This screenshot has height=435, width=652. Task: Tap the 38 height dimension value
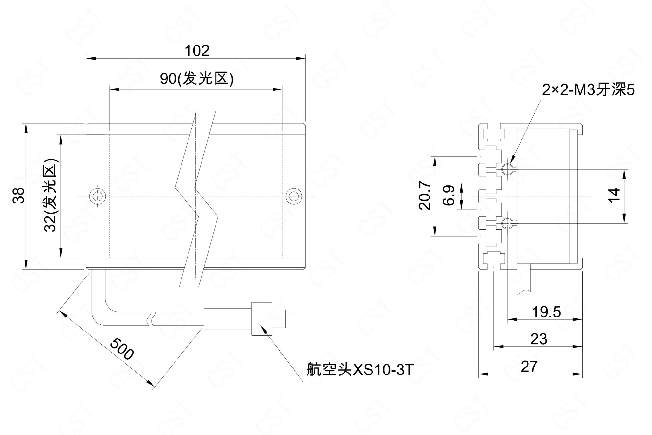19,195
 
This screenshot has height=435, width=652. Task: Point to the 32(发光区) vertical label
51,195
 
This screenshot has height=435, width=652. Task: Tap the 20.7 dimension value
425,196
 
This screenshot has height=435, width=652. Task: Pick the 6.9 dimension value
449,196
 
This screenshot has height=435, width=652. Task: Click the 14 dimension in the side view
615,195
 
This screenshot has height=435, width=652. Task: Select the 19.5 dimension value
546,312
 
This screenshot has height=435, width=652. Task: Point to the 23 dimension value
539,339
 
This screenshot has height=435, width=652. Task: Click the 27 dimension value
529,367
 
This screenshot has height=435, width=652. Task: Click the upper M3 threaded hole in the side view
506,168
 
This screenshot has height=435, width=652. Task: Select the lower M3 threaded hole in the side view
506,223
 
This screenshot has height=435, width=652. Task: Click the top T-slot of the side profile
493,133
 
